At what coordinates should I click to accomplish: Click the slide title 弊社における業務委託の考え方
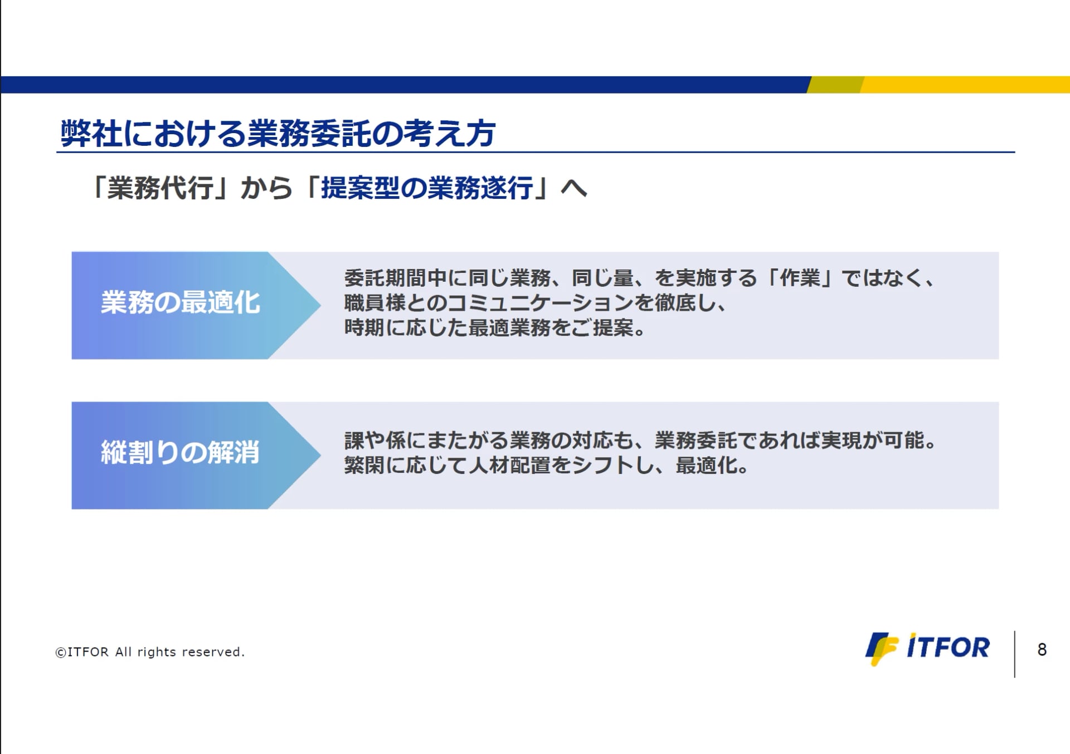click(278, 134)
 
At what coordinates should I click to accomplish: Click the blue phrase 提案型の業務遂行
click(427, 188)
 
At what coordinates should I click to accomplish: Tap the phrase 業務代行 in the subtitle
click(160, 188)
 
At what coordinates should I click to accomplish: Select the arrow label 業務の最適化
click(180, 302)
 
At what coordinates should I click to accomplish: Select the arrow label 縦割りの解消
click(180, 452)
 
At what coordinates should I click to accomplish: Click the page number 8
click(1042, 649)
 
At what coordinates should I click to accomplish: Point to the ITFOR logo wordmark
click(948, 647)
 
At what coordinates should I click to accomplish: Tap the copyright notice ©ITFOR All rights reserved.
click(150, 652)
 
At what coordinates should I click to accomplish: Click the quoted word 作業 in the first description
click(800, 277)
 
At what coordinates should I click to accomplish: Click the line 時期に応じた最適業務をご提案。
click(495, 327)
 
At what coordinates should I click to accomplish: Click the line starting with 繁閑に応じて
click(546, 465)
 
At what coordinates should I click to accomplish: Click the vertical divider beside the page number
click(1014, 654)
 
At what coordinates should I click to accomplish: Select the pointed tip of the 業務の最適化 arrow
click(320, 305)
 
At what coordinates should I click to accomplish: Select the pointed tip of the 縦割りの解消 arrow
click(320, 455)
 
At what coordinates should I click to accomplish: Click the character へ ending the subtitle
click(574, 188)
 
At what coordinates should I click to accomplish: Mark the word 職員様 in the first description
click(374, 302)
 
